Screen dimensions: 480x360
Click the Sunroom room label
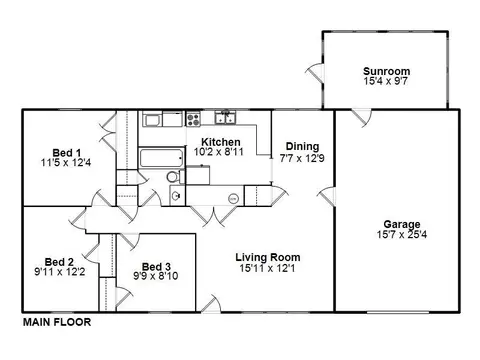[x=386, y=71]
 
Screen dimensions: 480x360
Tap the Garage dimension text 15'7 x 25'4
[x=402, y=234]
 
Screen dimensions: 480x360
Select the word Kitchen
[x=221, y=142]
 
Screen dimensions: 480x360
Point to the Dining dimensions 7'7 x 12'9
[x=302, y=158]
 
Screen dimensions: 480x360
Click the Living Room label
[x=268, y=257]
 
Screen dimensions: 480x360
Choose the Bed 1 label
[x=67, y=153]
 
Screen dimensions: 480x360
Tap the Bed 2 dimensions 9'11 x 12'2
[x=60, y=272]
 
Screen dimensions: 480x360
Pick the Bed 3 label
[x=156, y=266]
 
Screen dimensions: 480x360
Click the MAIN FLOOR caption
[x=57, y=322]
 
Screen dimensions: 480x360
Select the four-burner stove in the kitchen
[x=193, y=119]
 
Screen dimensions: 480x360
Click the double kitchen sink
[x=225, y=117]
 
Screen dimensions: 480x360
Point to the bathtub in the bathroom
[x=161, y=158]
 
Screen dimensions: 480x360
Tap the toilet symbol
[x=175, y=177]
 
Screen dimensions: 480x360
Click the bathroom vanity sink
[x=176, y=195]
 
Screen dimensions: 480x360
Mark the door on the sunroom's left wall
[x=315, y=72]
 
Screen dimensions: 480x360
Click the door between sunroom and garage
[x=361, y=118]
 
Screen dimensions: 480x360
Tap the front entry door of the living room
[x=211, y=304]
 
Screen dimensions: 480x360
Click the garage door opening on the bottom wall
[x=398, y=312]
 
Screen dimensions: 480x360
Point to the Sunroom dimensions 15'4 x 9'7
[x=386, y=81]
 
